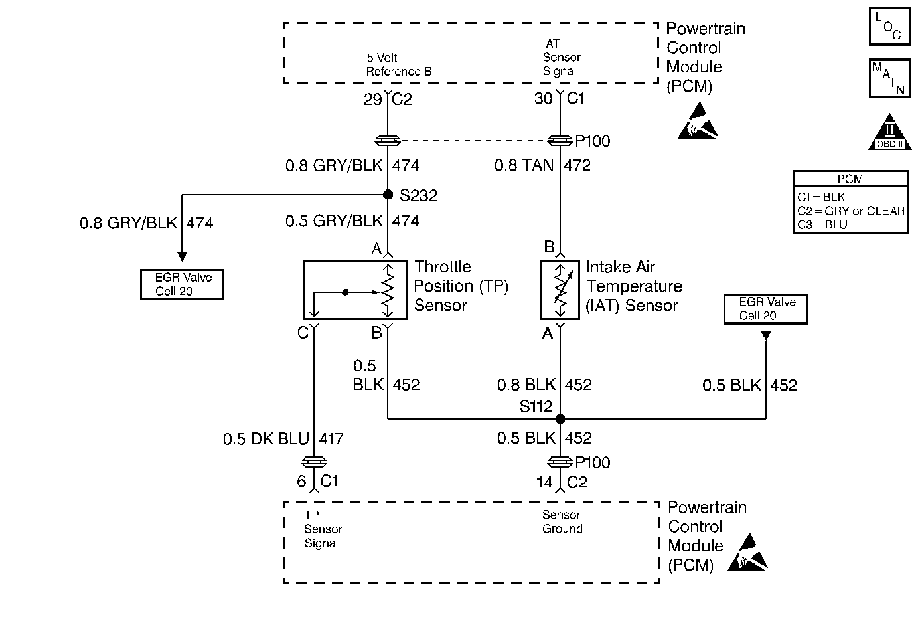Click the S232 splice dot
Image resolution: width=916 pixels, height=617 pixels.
pyautogui.click(x=388, y=195)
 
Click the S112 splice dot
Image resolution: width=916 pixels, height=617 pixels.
pyautogui.click(x=560, y=418)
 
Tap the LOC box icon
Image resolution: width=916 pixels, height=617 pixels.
pyautogui.click(x=889, y=26)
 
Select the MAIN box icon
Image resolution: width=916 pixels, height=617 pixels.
pyautogui.click(x=889, y=78)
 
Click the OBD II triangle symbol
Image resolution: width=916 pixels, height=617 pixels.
pyautogui.click(x=889, y=132)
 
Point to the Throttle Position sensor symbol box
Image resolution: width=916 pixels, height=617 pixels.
pyautogui.click(x=355, y=290)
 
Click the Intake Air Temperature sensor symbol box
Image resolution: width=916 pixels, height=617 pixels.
pyautogui.click(x=560, y=290)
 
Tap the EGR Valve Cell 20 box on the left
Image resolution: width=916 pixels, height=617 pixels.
pyautogui.click(x=182, y=284)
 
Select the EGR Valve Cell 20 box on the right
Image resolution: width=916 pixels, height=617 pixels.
pyautogui.click(x=765, y=309)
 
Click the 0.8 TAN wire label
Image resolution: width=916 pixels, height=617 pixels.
pyautogui.click(x=524, y=165)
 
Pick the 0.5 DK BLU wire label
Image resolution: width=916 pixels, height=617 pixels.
pyautogui.click(x=266, y=439)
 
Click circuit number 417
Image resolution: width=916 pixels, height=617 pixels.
pyautogui.click(x=331, y=439)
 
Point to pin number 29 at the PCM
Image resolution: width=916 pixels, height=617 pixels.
pyautogui.click(x=372, y=100)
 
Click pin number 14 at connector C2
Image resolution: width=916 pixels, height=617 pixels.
pyautogui.click(x=544, y=482)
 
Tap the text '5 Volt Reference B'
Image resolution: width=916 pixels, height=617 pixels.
pyautogui.click(x=399, y=64)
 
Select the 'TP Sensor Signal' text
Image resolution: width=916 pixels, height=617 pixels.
pyautogui.click(x=323, y=529)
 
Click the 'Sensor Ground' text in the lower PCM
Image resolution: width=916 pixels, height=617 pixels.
pyautogui.click(x=562, y=521)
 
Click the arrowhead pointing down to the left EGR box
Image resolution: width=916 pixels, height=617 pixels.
pyautogui.click(x=182, y=257)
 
